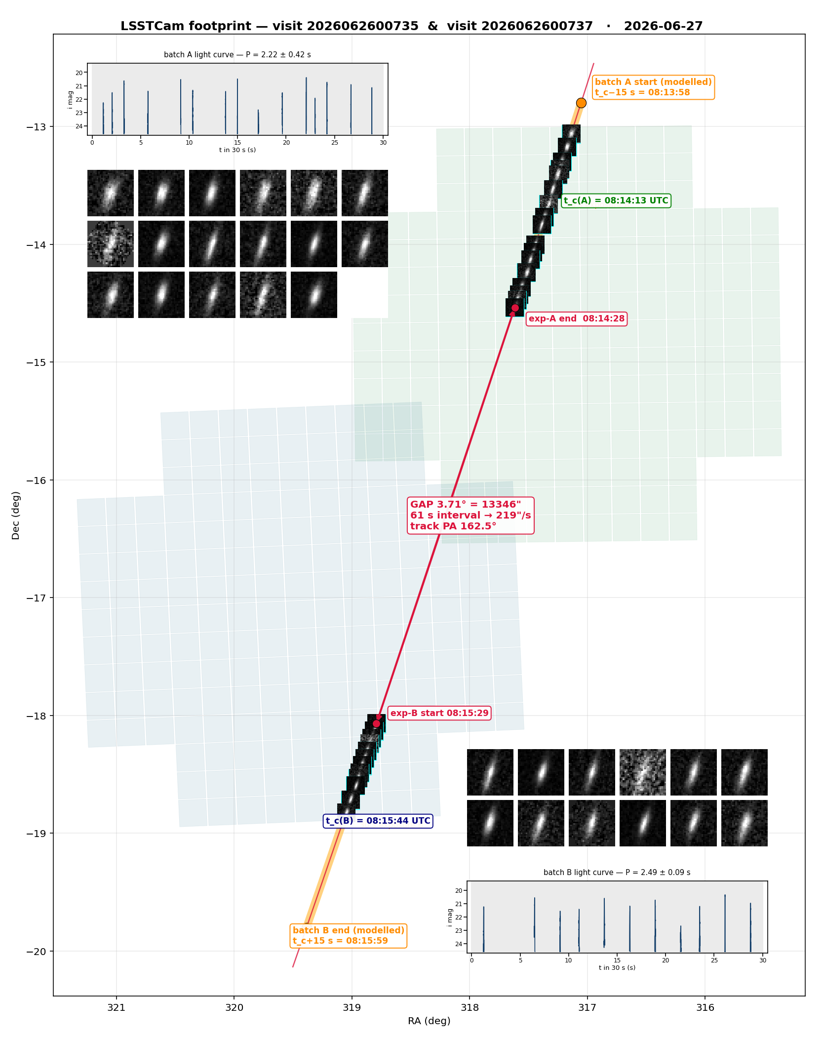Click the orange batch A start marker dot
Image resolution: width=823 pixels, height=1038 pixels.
tap(581, 103)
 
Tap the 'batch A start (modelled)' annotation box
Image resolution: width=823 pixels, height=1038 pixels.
tap(653, 87)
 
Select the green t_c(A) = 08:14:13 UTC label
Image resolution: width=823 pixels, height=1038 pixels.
tap(616, 200)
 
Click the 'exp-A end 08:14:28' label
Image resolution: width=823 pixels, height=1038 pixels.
tap(577, 319)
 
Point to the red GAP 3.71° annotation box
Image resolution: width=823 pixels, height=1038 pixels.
tap(471, 515)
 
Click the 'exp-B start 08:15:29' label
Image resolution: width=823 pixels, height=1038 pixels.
tap(439, 713)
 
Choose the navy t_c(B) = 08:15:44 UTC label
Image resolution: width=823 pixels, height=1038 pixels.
tap(378, 821)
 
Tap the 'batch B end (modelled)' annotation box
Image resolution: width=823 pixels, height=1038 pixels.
tap(349, 936)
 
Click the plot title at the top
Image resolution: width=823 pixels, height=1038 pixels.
tap(411, 26)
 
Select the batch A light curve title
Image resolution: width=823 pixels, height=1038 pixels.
tap(237, 55)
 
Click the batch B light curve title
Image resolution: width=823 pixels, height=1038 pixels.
tap(617, 873)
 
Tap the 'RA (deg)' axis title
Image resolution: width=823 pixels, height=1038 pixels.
tap(429, 1021)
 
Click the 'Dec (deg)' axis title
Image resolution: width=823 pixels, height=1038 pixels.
tap(16, 516)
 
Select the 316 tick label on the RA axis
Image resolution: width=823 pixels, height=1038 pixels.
tap(705, 1007)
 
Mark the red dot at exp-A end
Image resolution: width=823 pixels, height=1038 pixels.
tap(515, 308)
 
